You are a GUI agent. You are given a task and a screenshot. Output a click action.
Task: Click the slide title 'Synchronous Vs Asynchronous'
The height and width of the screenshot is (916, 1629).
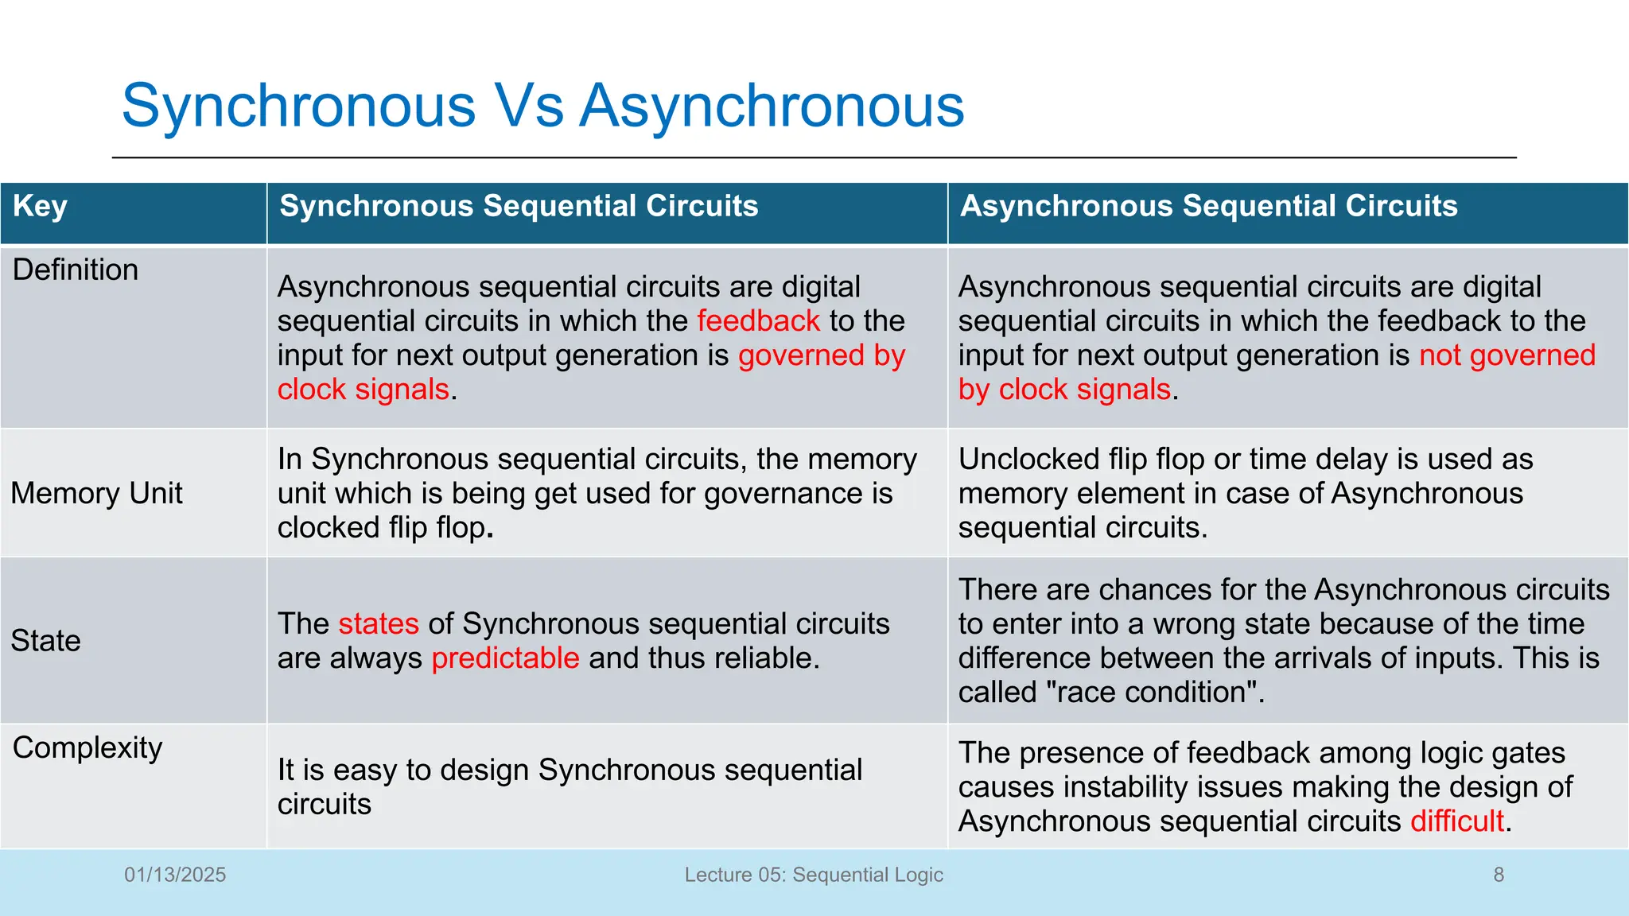542,106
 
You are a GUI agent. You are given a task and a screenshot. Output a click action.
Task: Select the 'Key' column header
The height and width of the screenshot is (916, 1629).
40,206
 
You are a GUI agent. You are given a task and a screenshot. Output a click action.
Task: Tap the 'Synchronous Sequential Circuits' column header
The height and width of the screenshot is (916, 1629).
519,206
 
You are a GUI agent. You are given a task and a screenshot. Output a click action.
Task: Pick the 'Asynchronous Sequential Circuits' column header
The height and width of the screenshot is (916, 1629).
1208,206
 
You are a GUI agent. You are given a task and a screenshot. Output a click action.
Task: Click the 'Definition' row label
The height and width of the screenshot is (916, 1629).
76,270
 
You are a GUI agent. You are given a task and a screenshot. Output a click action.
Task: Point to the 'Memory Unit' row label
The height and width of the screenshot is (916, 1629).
96,494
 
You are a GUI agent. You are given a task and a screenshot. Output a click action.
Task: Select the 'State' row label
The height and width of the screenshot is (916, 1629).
45,641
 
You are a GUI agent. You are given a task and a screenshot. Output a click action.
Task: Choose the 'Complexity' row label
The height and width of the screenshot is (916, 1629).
87,748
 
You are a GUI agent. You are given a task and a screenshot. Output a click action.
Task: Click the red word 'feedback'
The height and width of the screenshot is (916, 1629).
758,321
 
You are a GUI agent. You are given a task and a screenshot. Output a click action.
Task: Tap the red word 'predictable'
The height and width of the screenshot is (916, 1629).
505,658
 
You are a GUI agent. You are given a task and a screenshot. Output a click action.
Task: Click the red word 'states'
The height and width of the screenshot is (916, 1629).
379,624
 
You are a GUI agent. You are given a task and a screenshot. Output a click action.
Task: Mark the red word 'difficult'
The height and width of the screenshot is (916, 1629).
1457,821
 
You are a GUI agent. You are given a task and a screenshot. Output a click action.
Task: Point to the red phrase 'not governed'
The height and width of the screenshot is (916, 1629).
1507,355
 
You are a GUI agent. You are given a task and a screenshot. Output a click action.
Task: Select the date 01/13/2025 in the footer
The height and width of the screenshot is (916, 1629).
175,875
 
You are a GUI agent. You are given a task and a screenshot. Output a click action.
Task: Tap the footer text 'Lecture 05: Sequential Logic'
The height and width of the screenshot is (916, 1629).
814,875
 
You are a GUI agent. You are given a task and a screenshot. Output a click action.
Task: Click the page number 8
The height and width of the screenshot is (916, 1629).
1499,875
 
